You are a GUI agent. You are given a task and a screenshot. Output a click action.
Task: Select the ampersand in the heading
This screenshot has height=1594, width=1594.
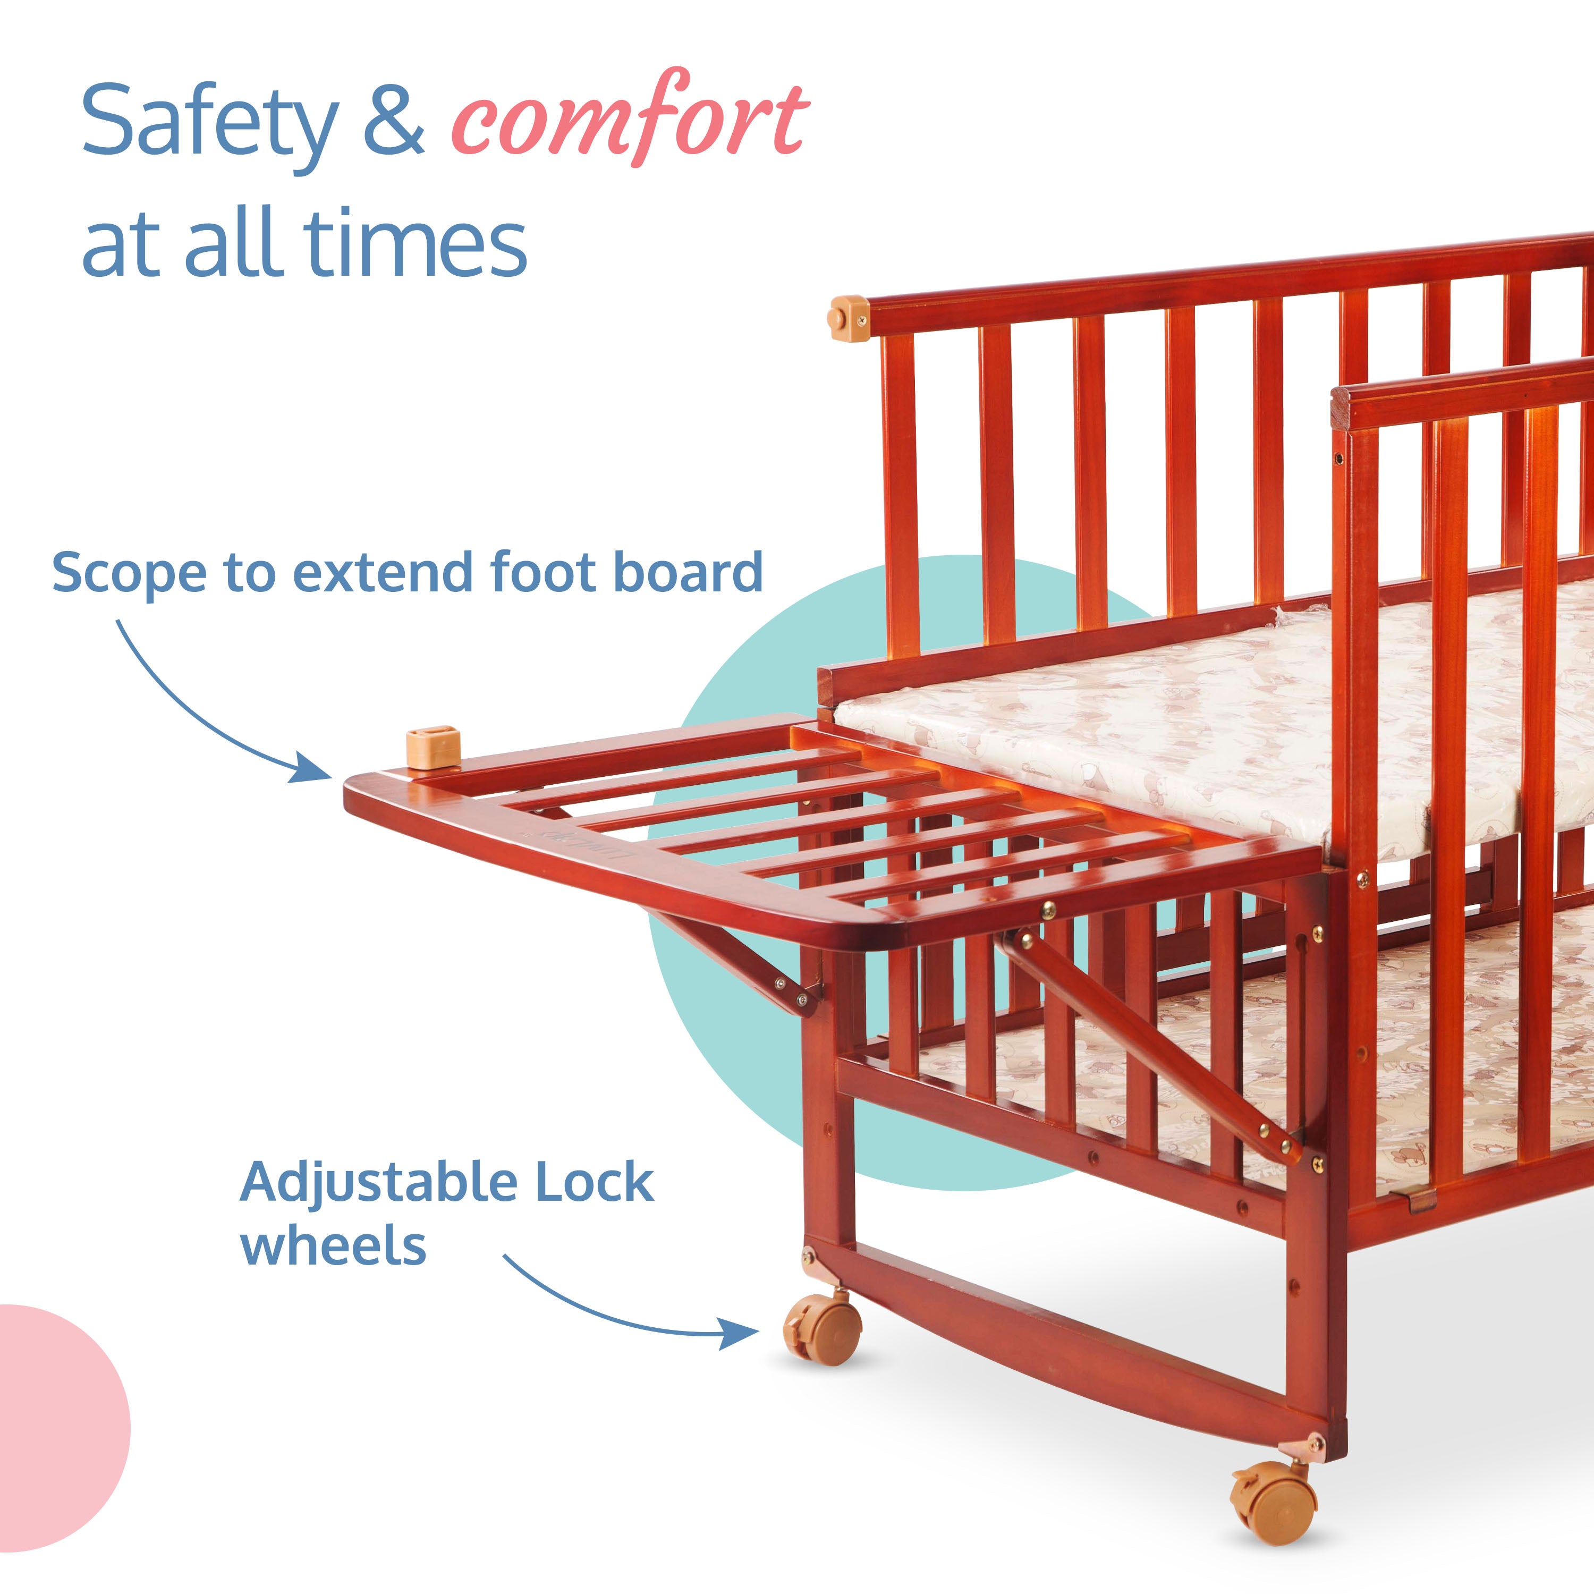[394, 122]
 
